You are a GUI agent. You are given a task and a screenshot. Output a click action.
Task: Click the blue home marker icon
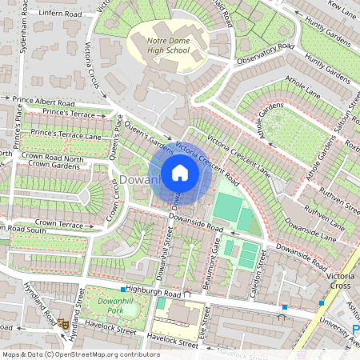pos(180,173)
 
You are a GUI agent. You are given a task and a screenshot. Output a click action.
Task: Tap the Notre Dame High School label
pos(159,45)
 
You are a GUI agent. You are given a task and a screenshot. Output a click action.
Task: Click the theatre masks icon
pos(62,323)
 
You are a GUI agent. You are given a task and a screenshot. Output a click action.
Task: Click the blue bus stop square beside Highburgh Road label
pos(122,289)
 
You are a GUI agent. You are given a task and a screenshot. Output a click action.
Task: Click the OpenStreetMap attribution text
pos(81,354)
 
